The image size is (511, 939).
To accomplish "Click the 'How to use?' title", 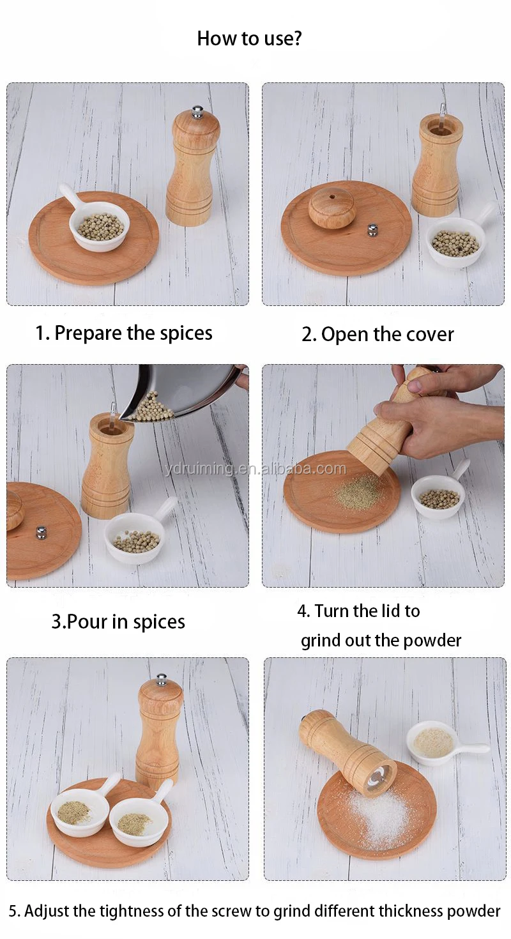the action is tap(249, 38).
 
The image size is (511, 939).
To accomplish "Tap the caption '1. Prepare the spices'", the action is tap(124, 333).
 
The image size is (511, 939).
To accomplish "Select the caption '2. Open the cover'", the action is tap(378, 335).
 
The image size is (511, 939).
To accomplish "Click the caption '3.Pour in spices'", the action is tap(118, 622).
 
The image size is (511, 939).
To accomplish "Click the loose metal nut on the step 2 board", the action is tap(372, 229).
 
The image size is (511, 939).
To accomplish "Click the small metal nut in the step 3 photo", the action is tap(41, 532).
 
